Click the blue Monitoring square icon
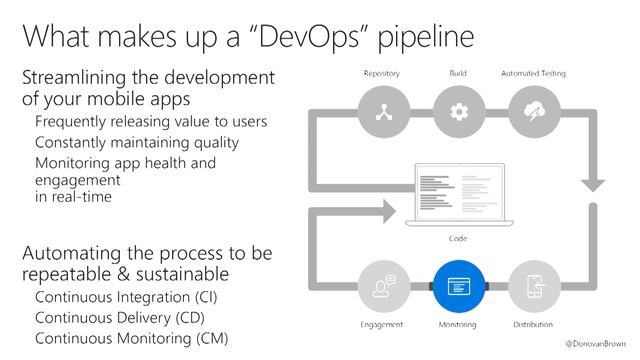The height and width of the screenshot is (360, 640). coord(459,286)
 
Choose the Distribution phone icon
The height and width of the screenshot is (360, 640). coord(533,286)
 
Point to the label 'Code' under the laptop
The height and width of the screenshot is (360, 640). coord(459,239)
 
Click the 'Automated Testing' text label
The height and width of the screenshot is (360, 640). coord(533,74)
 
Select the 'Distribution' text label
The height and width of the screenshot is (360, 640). coord(533,325)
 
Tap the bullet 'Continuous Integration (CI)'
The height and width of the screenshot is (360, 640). coord(124,299)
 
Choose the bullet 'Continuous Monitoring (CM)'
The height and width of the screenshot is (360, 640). coord(131,339)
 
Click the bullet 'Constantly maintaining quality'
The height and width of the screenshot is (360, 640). coord(137,142)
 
